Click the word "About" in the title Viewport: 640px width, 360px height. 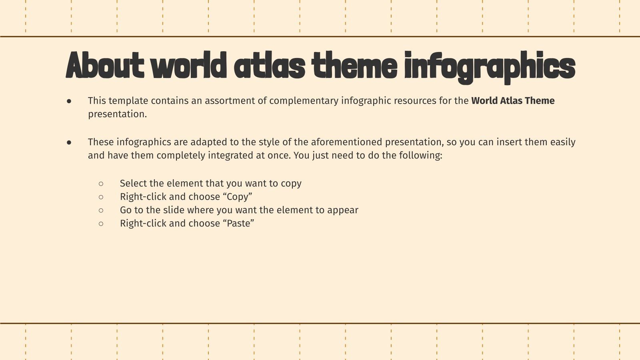[x=105, y=66]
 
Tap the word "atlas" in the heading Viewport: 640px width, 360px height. [x=270, y=66]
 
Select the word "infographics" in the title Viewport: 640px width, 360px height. [x=490, y=66]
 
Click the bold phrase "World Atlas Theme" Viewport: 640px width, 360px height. [x=513, y=101]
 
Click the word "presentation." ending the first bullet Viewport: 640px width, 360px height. [x=118, y=114]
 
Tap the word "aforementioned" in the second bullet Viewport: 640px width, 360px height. [x=346, y=142]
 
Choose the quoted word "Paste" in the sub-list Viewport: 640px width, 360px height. [x=238, y=223]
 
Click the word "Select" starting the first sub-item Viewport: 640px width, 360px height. [x=133, y=183]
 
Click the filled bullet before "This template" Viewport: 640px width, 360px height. [x=69, y=101]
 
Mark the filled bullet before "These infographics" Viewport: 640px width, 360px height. [x=69, y=142]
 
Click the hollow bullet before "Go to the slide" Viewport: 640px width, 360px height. [x=101, y=210]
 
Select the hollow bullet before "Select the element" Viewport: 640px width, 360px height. [x=101, y=184]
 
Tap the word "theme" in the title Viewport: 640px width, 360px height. [x=354, y=66]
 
